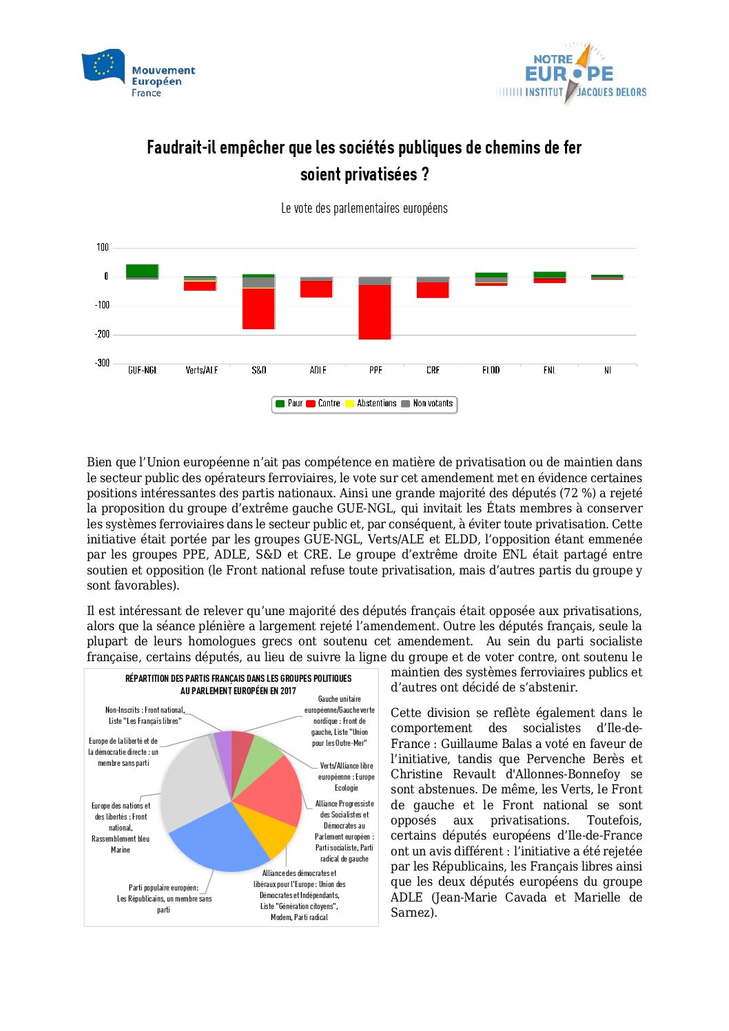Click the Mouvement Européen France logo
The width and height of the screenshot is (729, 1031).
[138, 72]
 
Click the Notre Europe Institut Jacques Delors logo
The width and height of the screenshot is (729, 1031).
[571, 74]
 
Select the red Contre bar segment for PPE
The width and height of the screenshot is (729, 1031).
[375, 312]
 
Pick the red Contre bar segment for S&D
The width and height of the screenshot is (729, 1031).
[258, 309]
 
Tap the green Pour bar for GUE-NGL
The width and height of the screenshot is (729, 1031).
[142, 271]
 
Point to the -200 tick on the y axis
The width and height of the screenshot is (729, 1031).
[102, 334]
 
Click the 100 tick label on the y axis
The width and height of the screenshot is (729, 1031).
[103, 247]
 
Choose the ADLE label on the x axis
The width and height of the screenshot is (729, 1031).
[318, 371]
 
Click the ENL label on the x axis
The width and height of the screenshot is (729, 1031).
[549, 371]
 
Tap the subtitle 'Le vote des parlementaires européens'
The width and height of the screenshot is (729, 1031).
[364, 208]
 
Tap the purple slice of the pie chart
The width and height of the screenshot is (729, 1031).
[223, 743]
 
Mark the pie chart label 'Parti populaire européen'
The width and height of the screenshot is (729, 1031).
[163, 888]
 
